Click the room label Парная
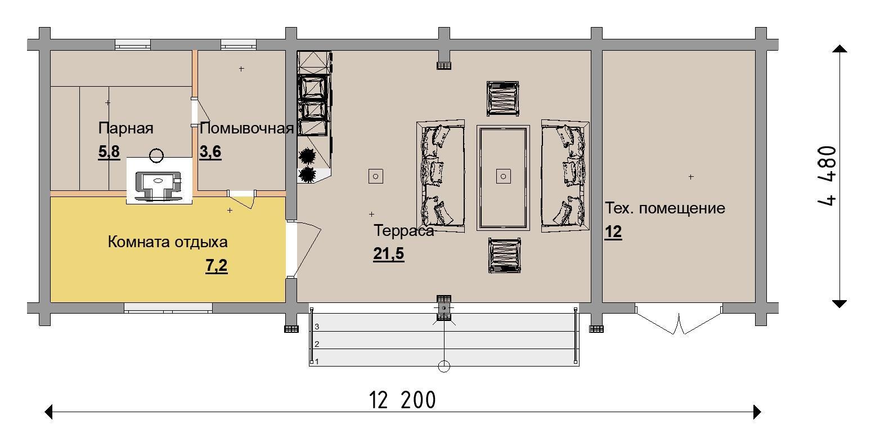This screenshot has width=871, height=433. (x=125, y=128)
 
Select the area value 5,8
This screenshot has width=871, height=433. (x=109, y=151)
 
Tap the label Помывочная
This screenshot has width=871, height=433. (x=246, y=128)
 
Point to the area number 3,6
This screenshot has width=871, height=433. (x=210, y=151)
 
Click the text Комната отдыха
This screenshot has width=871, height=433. (x=168, y=242)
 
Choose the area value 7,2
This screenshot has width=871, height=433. (x=217, y=266)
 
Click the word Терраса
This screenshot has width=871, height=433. (x=403, y=231)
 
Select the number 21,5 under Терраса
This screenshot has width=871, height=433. (x=389, y=253)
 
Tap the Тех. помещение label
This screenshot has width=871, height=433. (x=665, y=208)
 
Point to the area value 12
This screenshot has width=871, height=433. (x=613, y=232)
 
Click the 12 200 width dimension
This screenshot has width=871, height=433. (x=402, y=400)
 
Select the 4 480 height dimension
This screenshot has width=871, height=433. (x=827, y=176)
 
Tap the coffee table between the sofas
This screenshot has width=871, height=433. (x=503, y=178)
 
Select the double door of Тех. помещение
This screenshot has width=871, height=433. (x=679, y=319)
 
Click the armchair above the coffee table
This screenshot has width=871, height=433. (x=503, y=99)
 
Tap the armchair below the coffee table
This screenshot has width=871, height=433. (x=504, y=255)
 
